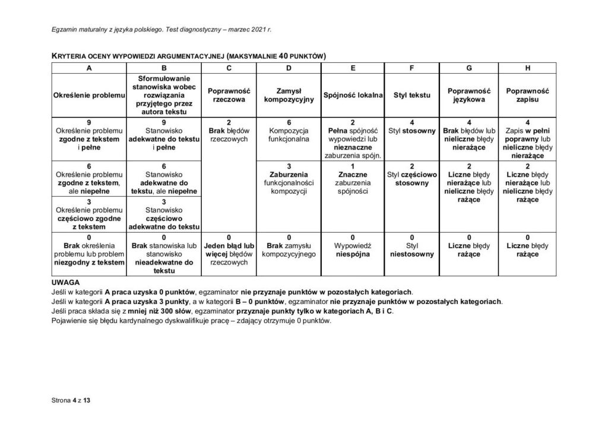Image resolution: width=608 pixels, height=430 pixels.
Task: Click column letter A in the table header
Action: pyautogui.click(x=90, y=68)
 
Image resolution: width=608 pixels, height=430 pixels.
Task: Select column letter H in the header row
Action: pyautogui.click(x=527, y=68)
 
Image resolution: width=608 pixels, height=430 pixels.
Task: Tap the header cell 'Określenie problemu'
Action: pyautogui.click(x=90, y=96)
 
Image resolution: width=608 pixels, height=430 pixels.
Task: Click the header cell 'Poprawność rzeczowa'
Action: pyautogui.click(x=229, y=96)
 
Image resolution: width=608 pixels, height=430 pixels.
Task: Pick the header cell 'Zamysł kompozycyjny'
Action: pyautogui.click(x=288, y=96)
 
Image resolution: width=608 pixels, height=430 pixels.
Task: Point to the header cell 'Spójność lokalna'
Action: pyautogui.click(x=353, y=96)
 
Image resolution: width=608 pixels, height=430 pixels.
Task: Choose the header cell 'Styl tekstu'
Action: pyautogui.click(x=411, y=96)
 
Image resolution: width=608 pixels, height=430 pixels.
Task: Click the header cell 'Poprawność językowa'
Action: pyautogui.click(x=468, y=96)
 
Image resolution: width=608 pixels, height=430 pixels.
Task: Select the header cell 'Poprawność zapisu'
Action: pyautogui.click(x=527, y=96)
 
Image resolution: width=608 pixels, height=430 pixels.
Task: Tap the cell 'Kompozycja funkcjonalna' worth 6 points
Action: pyautogui.click(x=288, y=135)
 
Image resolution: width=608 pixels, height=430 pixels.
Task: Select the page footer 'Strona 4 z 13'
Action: pyautogui.click(x=71, y=400)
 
